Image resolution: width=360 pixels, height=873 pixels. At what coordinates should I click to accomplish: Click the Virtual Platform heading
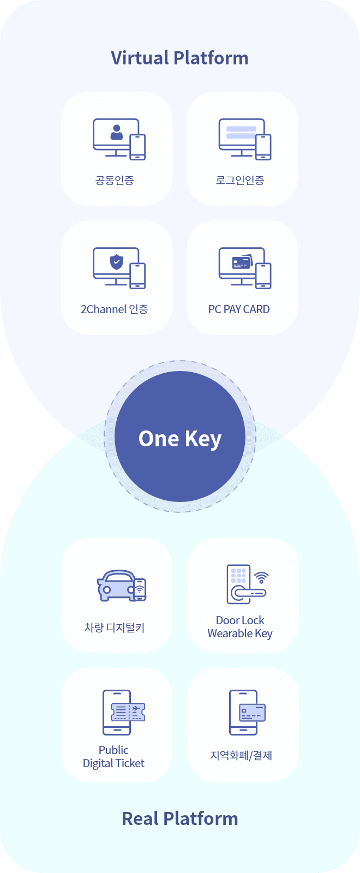pos(179,58)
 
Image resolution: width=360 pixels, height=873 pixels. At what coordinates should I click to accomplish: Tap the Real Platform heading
pos(179,818)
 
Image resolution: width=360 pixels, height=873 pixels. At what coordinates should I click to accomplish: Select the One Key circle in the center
pos(180,437)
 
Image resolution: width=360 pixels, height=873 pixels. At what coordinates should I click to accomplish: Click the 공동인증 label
pos(115,180)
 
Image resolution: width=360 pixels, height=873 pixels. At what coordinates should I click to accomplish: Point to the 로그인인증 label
pos(240,180)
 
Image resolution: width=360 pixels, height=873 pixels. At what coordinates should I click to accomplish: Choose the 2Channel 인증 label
pos(115,309)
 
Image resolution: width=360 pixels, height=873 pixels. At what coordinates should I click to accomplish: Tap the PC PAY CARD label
pos(239,309)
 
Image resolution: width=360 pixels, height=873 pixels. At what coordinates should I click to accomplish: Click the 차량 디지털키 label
pos(115,627)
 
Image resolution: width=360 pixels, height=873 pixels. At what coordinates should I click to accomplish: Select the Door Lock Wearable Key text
pos(240,627)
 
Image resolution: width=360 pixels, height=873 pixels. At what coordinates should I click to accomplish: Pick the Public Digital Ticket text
pos(113,757)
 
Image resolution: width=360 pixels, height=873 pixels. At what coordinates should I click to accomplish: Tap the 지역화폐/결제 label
pos(241,756)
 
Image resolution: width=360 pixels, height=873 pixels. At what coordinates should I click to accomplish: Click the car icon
pos(116,586)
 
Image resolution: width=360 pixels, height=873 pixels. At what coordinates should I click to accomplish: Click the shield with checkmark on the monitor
pos(116,261)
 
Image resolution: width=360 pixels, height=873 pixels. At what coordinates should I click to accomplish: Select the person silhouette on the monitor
pos(116,132)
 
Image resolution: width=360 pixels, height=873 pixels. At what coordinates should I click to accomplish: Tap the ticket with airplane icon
pos(128,711)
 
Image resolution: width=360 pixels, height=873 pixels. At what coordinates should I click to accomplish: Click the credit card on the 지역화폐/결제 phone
pos(252,713)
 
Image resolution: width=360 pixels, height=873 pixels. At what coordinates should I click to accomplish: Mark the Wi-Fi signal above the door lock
pos(262,577)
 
